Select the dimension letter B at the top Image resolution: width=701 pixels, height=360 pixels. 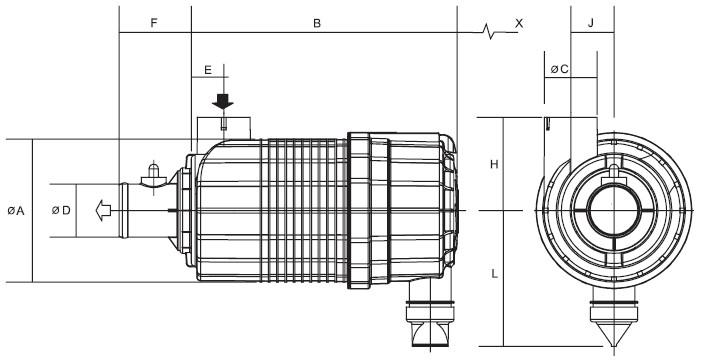pos(316,21)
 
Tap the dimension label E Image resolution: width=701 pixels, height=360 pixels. pos(207,70)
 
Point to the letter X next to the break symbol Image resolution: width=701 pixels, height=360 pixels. pos(518,21)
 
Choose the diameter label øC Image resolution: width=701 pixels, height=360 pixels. pos(560,70)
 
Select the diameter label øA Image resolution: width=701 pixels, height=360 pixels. pos(15,211)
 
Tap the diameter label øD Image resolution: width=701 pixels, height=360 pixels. pos(61,211)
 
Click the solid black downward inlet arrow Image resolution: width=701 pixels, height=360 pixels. pos(224,101)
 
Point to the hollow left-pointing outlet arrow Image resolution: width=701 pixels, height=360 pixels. pos(100,211)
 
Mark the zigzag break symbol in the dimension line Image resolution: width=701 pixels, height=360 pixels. pos(487,30)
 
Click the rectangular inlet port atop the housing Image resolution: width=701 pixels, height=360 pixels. pos(224,126)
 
